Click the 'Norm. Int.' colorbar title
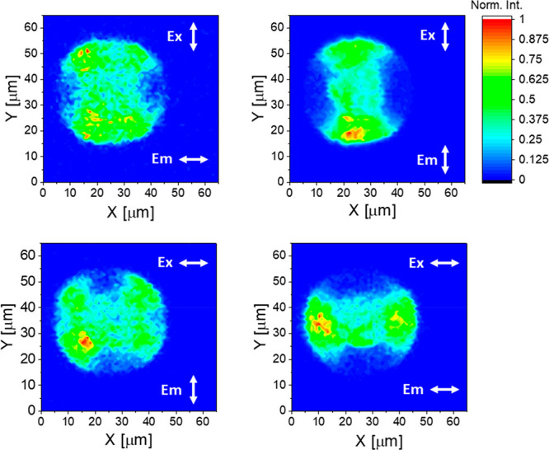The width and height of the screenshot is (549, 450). pyautogui.click(x=514, y=6)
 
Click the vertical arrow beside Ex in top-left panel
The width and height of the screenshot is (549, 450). pyautogui.click(x=194, y=37)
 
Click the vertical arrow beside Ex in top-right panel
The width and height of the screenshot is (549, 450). pyautogui.click(x=445, y=37)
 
